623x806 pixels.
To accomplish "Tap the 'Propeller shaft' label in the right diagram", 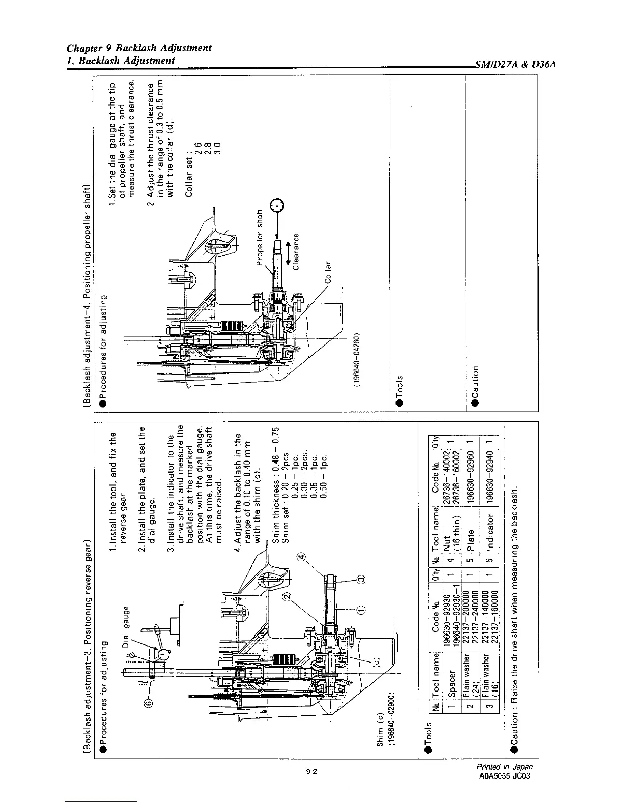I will [x=259, y=238].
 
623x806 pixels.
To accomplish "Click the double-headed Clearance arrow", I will [x=289, y=252].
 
